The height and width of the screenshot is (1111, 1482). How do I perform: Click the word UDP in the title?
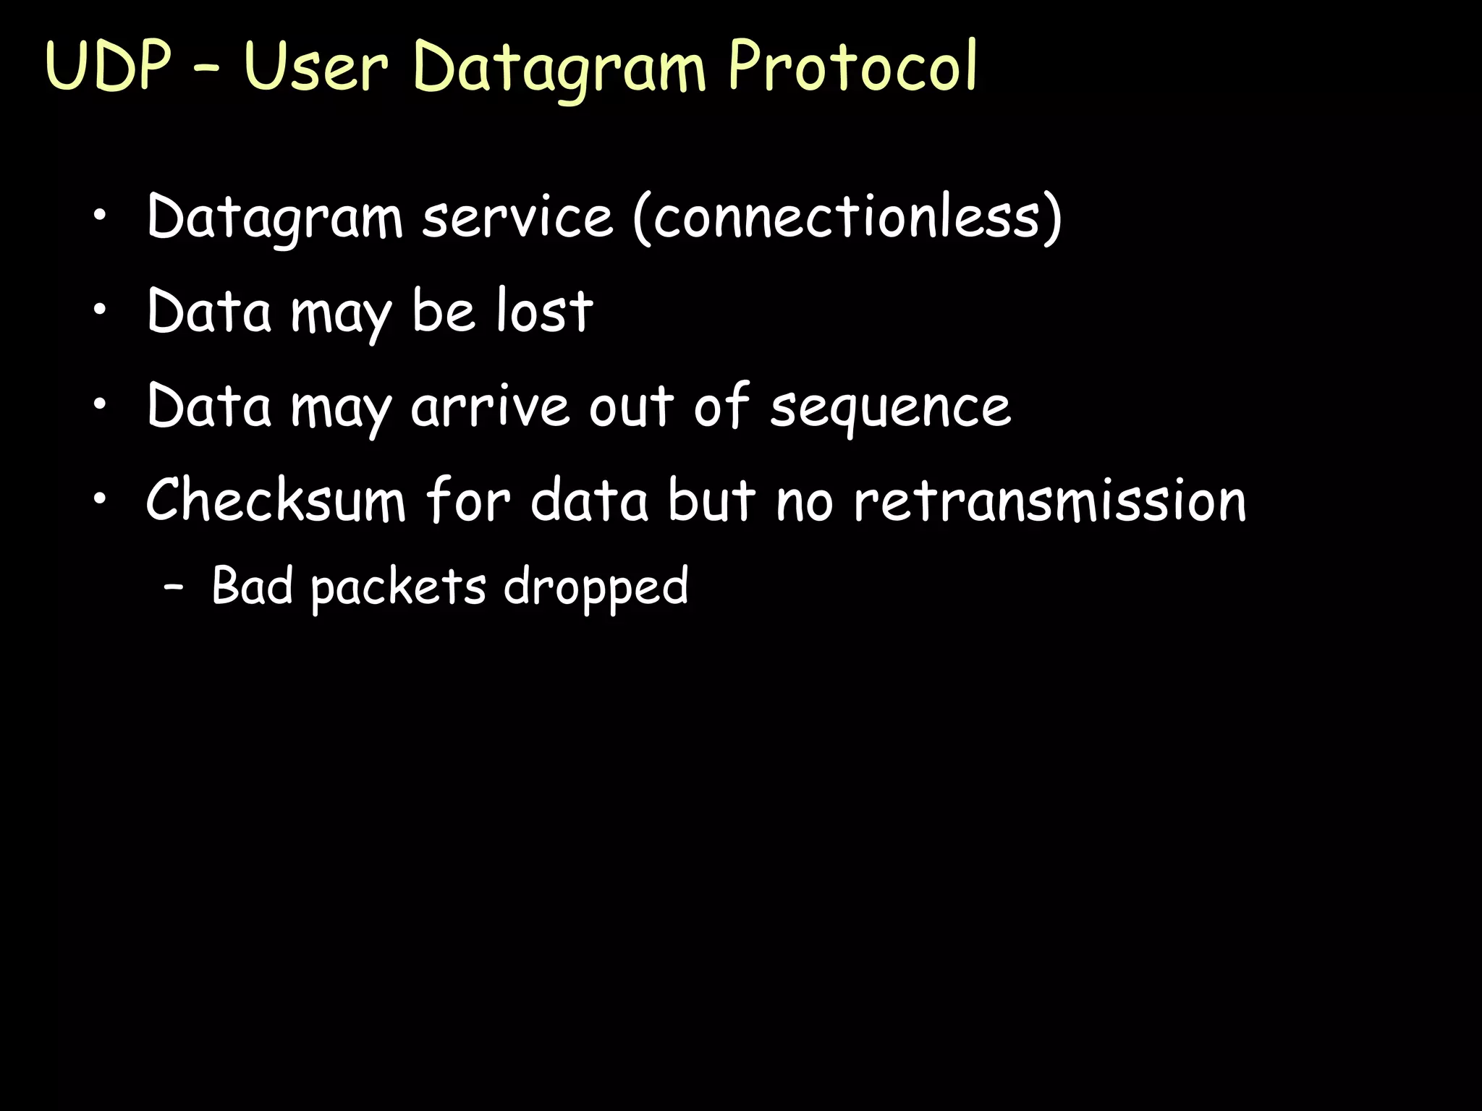pos(109,67)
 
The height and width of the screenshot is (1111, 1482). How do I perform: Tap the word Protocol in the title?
pos(852,67)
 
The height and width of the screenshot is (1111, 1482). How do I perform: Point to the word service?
pos(517,217)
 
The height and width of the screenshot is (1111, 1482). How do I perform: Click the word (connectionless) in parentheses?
pos(847,217)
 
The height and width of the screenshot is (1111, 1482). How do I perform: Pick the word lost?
pos(544,311)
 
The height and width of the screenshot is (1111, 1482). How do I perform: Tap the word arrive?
pos(491,406)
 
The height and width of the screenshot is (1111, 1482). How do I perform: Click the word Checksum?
pos(276,500)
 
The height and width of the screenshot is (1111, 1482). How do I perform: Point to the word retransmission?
pos(1050,500)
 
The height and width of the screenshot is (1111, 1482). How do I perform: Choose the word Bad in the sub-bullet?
pos(253,585)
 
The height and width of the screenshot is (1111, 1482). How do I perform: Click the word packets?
pos(399,587)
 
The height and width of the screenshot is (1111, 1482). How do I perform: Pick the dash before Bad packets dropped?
pos(173,587)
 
